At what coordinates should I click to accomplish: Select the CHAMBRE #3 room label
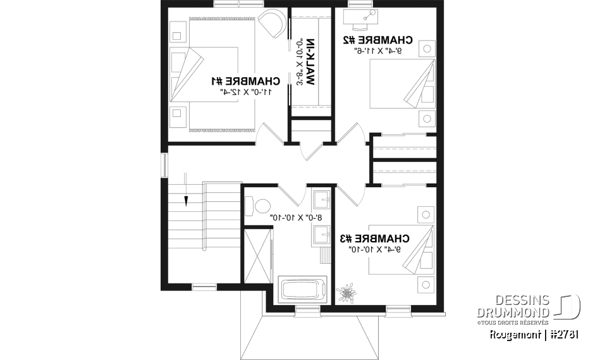pyautogui.click(x=374, y=239)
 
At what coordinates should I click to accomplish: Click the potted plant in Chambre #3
pyautogui.click(x=346, y=293)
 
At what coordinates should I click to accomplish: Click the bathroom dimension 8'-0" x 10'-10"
pyautogui.click(x=297, y=217)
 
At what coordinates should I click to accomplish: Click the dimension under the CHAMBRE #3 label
pyautogui.click(x=374, y=250)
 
